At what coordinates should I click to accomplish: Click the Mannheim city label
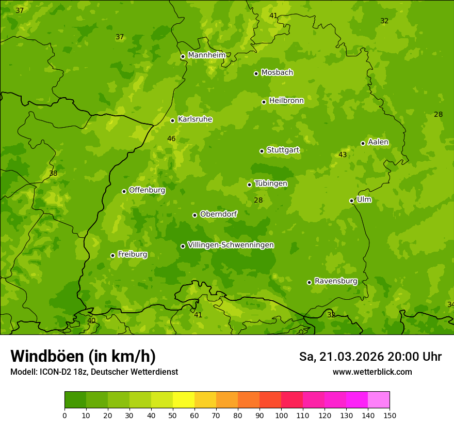(x=206, y=55)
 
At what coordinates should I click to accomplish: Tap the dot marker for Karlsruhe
(x=173, y=120)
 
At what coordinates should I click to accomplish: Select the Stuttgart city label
(x=283, y=150)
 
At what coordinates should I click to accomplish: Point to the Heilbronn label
(x=286, y=101)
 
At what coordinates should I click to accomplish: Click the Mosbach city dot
(x=256, y=73)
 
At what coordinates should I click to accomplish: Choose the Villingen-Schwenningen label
(x=231, y=245)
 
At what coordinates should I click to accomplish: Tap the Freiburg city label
(x=132, y=254)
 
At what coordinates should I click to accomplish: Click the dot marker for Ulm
(x=352, y=201)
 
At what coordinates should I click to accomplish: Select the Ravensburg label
(x=336, y=281)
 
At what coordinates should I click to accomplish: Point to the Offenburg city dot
(x=124, y=191)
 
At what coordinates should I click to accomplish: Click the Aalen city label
(x=378, y=142)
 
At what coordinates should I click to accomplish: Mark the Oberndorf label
(x=218, y=214)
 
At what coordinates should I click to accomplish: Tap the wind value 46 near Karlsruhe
(x=171, y=139)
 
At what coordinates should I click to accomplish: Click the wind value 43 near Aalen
(x=343, y=155)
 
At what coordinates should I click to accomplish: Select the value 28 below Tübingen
(x=258, y=200)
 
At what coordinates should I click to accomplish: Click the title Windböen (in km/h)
(x=83, y=356)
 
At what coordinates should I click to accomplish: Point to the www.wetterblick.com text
(x=372, y=372)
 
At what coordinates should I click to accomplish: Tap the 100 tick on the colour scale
(x=281, y=415)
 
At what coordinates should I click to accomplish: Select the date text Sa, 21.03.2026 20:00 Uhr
(x=370, y=357)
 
